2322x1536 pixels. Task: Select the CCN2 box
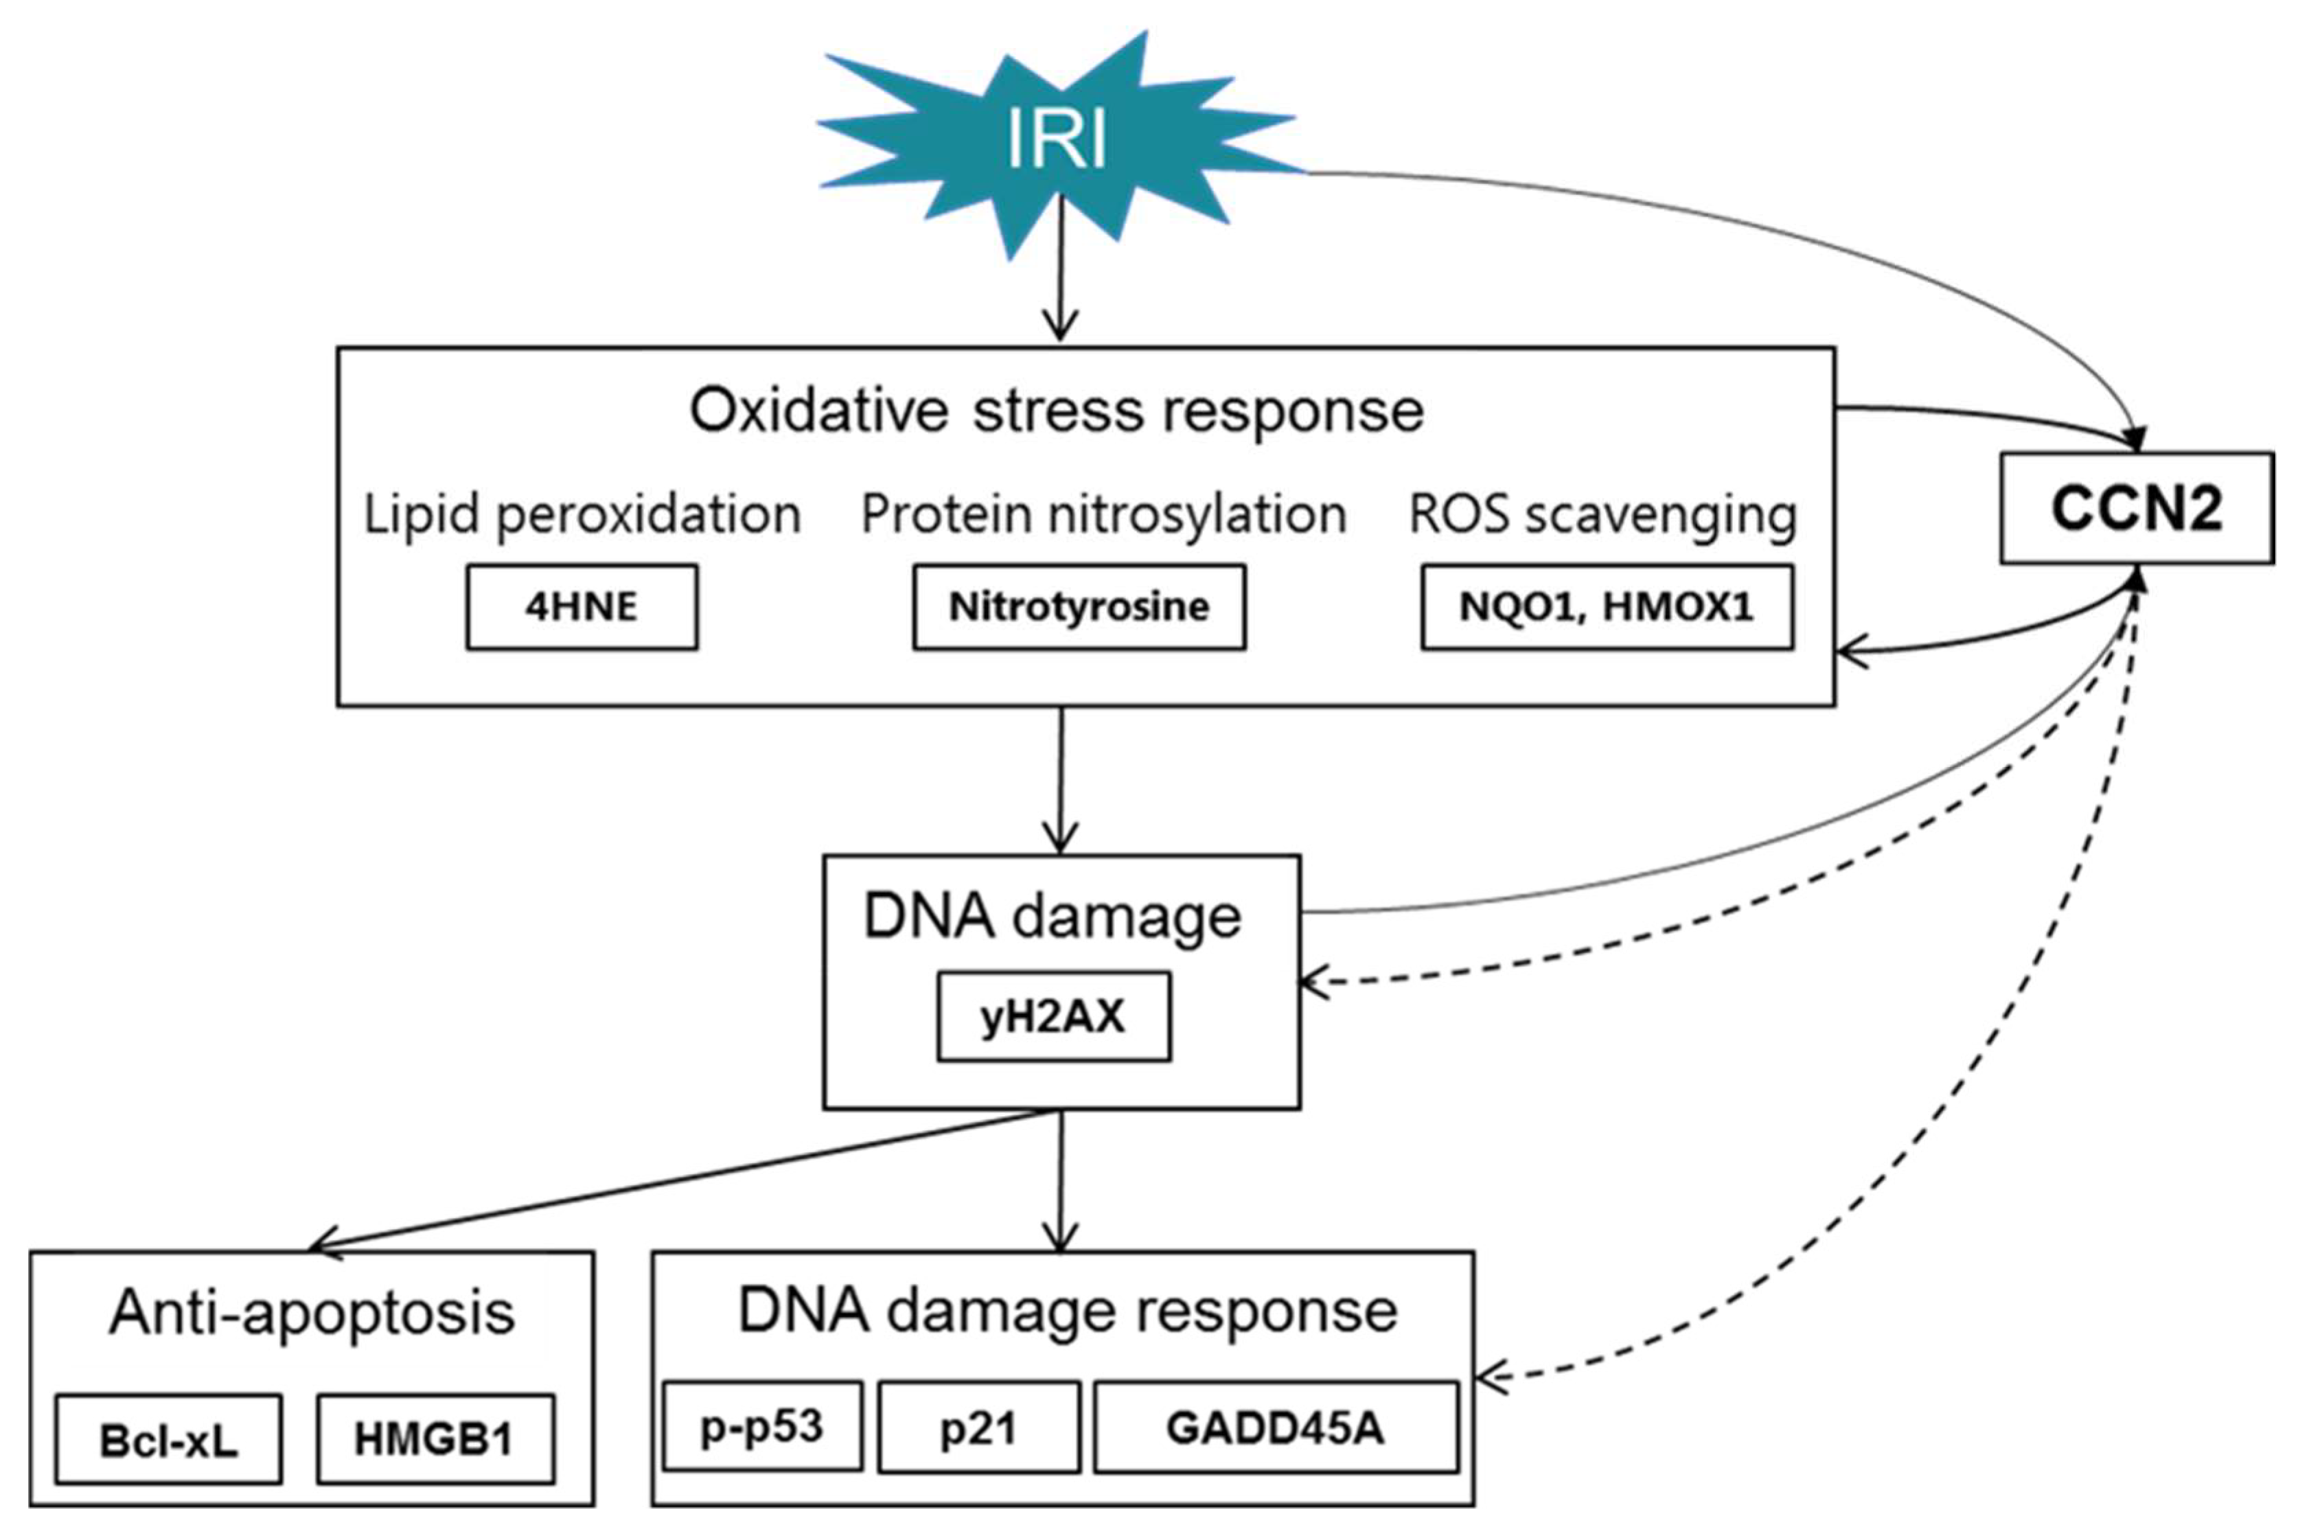pos(2136,508)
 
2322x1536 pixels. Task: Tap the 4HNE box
pos(582,606)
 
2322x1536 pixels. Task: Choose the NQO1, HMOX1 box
pos(1606,606)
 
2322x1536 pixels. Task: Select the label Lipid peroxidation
pos(582,514)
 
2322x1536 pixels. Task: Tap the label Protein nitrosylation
pos(1103,514)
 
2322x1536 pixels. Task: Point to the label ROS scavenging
pos(1602,514)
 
